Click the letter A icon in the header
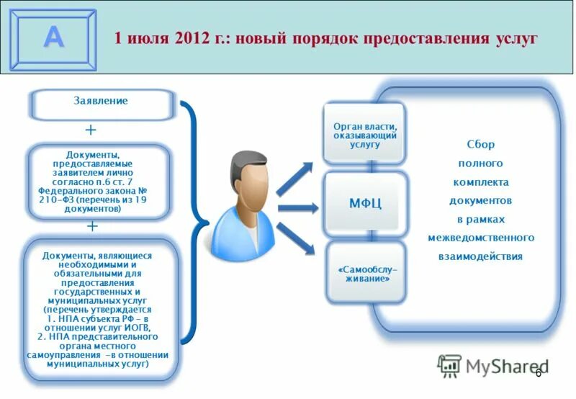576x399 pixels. point(53,38)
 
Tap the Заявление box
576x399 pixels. point(101,102)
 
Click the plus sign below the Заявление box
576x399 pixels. point(91,130)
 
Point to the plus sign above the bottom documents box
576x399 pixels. point(92,226)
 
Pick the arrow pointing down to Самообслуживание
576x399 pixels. point(296,238)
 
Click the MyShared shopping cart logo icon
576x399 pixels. point(450,366)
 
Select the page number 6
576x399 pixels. point(538,372)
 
